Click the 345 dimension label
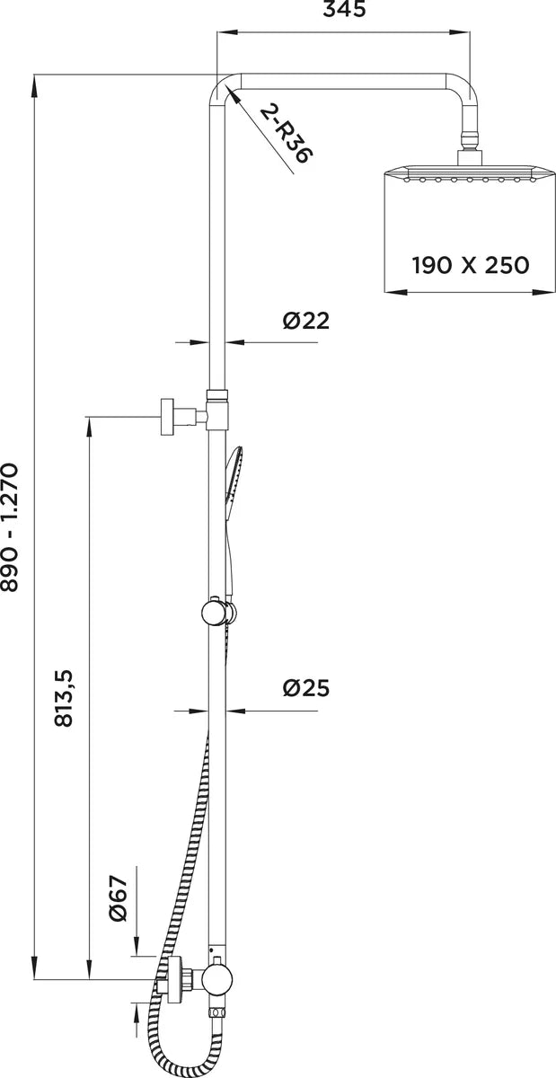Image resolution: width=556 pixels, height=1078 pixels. (344, 9)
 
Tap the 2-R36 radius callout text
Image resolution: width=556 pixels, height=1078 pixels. (287, 135)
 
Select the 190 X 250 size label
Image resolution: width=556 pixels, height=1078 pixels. (471, 265)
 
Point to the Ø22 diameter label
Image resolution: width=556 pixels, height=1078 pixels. (306, 321)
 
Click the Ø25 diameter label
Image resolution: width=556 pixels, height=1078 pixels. (306, 688)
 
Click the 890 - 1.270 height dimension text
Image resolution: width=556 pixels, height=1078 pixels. (10, 527)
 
